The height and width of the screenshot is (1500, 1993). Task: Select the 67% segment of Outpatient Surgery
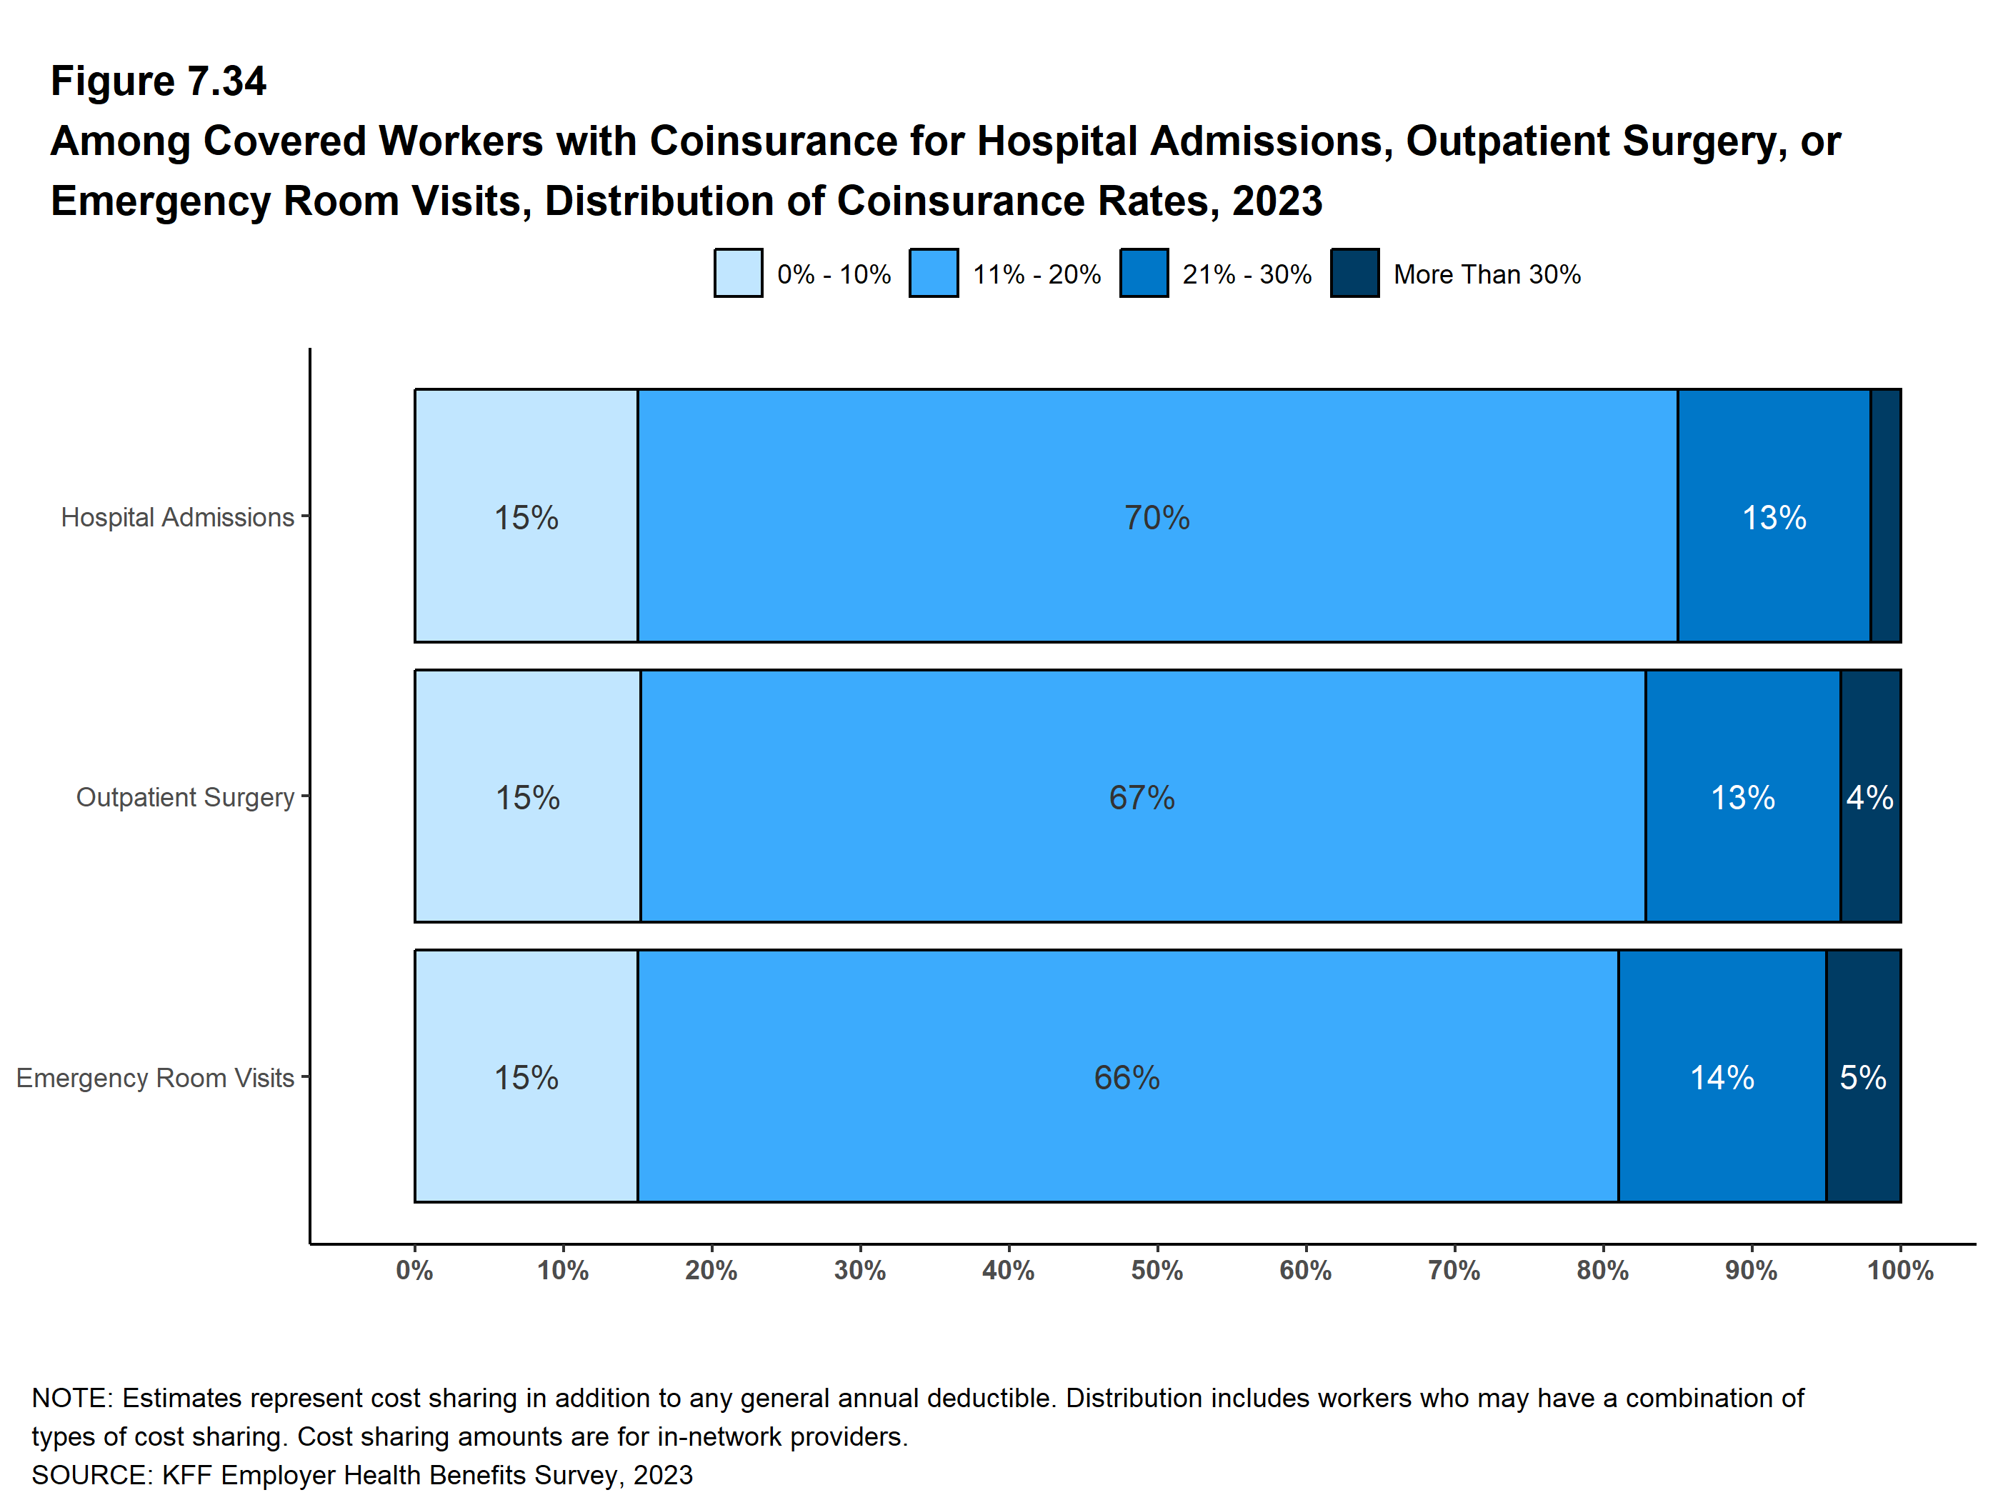[x=1142, y=797]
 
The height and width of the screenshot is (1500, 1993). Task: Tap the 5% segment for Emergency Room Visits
[x=1862, y=1077]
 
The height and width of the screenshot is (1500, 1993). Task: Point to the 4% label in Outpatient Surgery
[x=1869, y=797]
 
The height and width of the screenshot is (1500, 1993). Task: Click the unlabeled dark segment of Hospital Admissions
[x=1885, y=515]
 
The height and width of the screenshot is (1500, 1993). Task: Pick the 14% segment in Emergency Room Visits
[x=1721, y=1077]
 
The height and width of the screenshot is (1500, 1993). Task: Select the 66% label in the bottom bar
[x=1127, y=1077]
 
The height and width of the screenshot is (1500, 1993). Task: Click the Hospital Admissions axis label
[x=177, y=517]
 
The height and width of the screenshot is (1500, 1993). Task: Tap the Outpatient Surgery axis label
[x=185, y=797]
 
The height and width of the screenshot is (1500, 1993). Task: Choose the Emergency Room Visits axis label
[x=155, y=1077]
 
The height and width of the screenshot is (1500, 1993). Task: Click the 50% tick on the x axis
[x=1157, y=1270]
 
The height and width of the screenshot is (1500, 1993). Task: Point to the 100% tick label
[x=1899, y=1270]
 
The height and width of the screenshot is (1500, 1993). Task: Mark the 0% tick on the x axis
[x=414, y=1270]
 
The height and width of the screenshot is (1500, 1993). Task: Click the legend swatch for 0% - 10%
[x=738, y=273]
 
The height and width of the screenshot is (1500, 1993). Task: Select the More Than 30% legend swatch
[x=1354, y=273]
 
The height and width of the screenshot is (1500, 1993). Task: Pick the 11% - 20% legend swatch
[x=934, y=273]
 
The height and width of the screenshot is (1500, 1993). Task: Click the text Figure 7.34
[x=159, y=81]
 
